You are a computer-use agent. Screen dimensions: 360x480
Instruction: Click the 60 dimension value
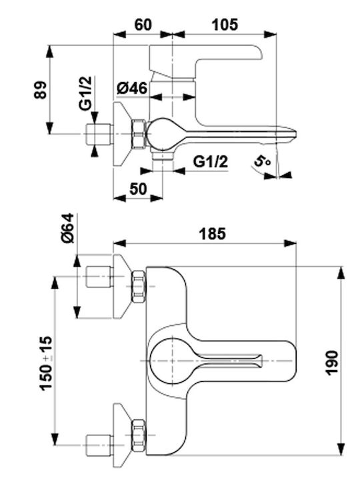[143, 25]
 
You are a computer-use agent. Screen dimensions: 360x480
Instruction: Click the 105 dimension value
[225, 25]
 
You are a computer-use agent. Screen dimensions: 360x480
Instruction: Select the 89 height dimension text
[41, 90]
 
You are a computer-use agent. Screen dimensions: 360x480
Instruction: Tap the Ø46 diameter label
[132, 89]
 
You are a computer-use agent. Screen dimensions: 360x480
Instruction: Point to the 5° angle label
[263, 161]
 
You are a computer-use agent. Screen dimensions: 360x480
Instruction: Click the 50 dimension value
[138, 189]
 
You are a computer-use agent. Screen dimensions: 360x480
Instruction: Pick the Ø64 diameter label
[67, 229]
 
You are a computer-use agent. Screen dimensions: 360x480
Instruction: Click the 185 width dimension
[212, 234]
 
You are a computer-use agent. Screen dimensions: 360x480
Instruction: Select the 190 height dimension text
[331, 363]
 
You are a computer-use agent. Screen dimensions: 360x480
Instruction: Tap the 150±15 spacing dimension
[46, 363]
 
